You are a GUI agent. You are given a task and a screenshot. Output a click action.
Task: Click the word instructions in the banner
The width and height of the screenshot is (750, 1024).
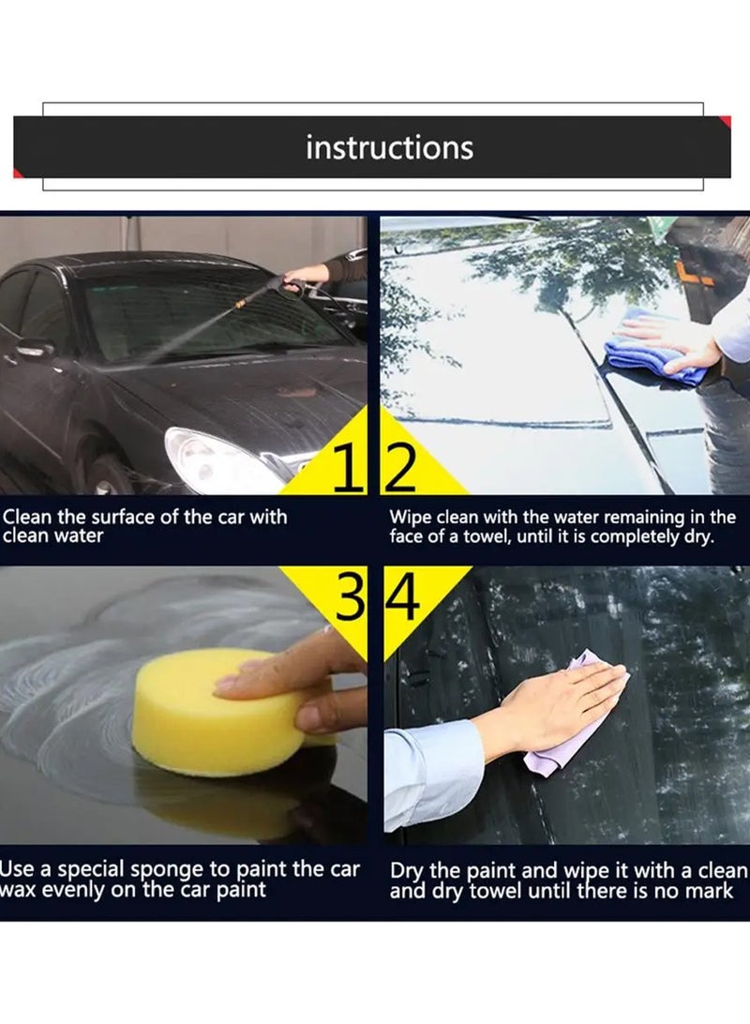[389, 148]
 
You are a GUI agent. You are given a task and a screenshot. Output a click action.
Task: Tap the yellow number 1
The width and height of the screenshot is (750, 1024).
[348, 472]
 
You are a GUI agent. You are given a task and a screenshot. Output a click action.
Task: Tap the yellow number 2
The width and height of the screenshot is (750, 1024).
[401, 472]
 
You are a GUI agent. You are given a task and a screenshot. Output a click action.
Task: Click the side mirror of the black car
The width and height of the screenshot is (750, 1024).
[34, 349]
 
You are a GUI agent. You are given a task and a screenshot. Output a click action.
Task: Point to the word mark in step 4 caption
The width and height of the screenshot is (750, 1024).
[721, 891]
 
